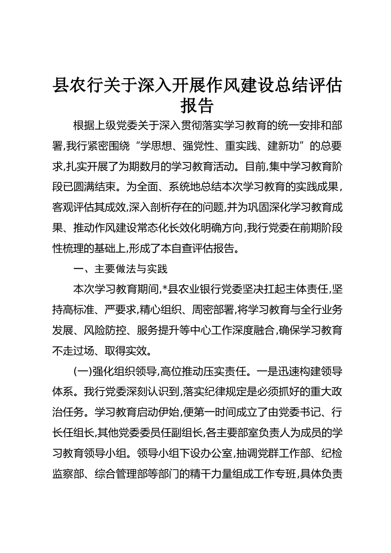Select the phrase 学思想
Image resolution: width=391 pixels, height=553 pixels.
coord(155,146)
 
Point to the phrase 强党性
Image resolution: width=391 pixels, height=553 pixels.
coord(197,146)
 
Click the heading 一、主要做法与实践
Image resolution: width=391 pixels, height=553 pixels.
coord(120,269)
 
